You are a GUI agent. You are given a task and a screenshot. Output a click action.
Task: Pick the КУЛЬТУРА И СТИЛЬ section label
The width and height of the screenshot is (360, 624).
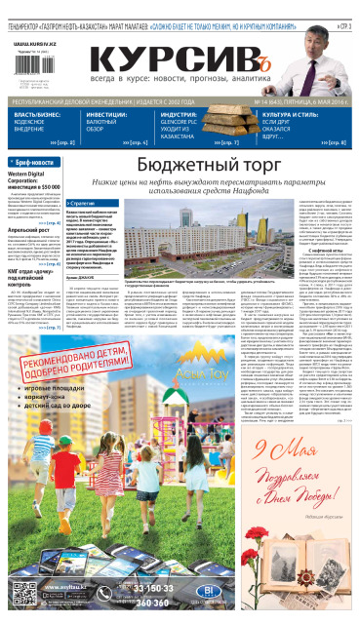(287, 114)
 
